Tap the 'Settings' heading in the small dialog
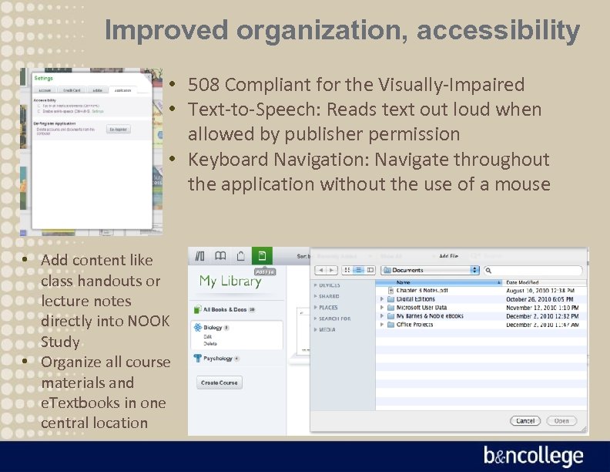point(43,78)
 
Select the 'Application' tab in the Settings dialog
point(122,90)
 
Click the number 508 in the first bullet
point(204,85)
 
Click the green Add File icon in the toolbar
point(262,256)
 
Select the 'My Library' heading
point(230,281)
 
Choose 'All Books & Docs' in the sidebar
point(225,309)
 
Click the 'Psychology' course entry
point(217,359)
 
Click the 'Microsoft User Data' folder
point(421,307)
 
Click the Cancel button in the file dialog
point(525,421)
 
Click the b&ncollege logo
point(533,456)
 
